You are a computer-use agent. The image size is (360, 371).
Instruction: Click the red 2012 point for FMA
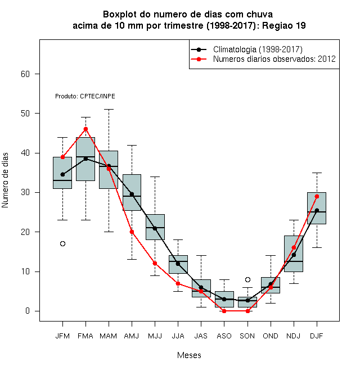[85, 129]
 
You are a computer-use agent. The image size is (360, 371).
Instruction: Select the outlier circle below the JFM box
[62, 244]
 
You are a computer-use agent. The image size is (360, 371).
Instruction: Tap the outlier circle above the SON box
[247, 280]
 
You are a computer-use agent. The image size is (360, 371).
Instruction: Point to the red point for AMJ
[132, 232]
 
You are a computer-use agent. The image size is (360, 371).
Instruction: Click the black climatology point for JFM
[62, 174]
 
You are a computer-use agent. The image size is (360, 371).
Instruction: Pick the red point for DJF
[317, 196]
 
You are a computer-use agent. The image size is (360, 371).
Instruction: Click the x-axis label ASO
[224, 336]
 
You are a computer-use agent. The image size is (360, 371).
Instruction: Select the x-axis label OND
[271, 336]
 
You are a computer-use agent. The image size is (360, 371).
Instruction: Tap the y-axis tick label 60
[25, 74]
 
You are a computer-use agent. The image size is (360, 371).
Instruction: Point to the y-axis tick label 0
[28, 311]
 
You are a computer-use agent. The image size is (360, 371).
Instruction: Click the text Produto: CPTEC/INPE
[85, 96]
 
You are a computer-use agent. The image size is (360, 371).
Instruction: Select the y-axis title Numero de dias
[5, 180]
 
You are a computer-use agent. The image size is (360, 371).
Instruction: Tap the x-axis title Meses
[189, 355]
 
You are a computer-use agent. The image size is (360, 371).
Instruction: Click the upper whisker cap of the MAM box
[109, 109]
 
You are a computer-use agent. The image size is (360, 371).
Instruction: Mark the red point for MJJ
[155, 263]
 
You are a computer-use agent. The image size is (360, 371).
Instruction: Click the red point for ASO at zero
[224, 311]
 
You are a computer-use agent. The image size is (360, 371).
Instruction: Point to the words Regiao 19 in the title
[283, 25]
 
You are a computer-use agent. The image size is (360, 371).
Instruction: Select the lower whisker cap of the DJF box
[317, 247]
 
